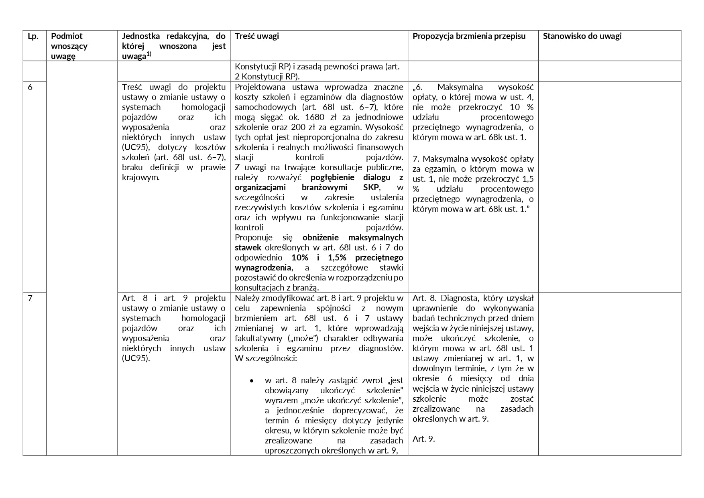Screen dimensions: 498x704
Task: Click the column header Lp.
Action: click(33, 36)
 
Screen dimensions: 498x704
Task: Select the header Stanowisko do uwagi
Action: click(582, 36)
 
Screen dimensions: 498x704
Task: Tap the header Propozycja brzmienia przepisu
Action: click(469, 36)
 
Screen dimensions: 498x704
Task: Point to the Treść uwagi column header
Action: click(257, 36)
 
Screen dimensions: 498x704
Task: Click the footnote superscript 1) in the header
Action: click(149, 54)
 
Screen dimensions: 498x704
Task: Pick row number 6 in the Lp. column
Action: click(30, 87)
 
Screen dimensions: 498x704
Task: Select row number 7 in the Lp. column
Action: click(30, 298)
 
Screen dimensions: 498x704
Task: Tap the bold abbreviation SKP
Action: click(371, 187)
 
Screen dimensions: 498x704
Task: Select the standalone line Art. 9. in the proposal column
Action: click(423, 439)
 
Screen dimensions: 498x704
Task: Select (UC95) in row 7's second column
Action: click(136, 358)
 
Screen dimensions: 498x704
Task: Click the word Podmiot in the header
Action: click(67, 36)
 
